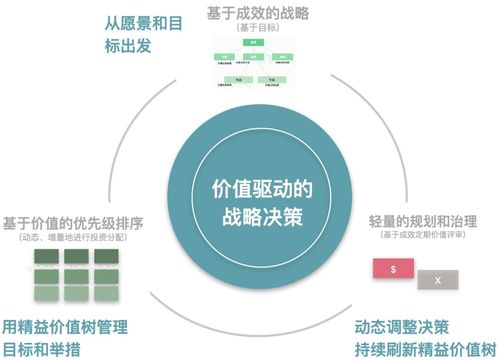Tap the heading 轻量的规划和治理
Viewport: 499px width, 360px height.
point(417,219)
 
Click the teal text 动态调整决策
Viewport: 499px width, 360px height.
point(403,327)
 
